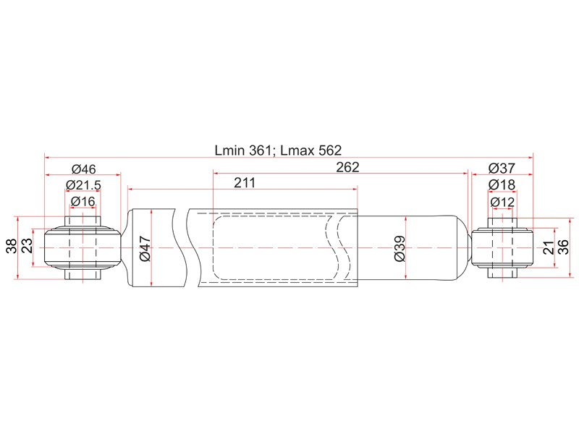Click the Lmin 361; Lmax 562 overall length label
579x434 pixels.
(278, 150)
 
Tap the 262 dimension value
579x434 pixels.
(347, 168)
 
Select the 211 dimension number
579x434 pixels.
(245, 183)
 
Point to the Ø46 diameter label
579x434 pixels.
(84, 169)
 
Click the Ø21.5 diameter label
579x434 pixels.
(83, 185)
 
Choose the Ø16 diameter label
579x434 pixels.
(83, 201)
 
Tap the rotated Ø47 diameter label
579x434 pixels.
(145, 248)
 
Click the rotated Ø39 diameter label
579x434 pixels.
(400, 248)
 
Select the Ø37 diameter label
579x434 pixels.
(502, 169)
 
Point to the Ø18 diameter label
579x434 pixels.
(502, 184)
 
